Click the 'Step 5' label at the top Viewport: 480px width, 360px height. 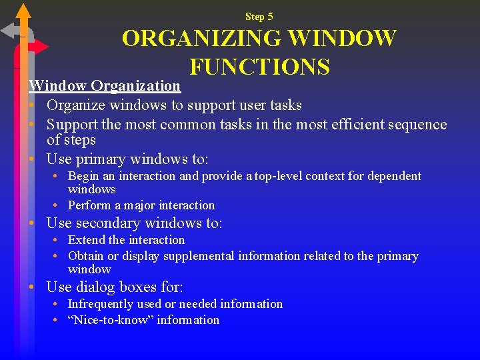point(259,17)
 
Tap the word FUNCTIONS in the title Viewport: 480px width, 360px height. point(259,67)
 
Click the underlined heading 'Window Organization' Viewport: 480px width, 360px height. point(105,85)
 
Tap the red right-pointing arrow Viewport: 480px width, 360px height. point(39,47)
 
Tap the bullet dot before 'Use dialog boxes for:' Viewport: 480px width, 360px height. point(31,288)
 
